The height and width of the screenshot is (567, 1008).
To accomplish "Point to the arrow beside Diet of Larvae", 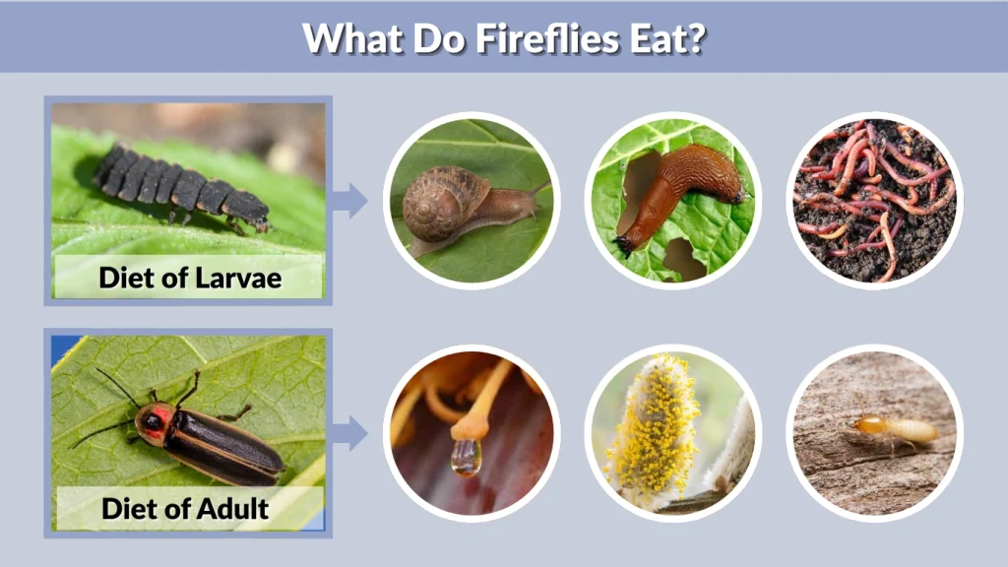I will pyautogui.click(x=349, y=200).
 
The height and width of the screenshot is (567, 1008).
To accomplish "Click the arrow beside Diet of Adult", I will pyautogui.click(x=349, y=431).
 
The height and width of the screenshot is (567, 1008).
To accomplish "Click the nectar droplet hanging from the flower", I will pyautogui.click(x=467, y=456).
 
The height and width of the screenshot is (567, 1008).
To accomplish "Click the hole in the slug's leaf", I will pyautogui.click(x=683, y=258).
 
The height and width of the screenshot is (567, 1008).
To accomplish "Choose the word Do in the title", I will pyautogui.click(x=425, y=37).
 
